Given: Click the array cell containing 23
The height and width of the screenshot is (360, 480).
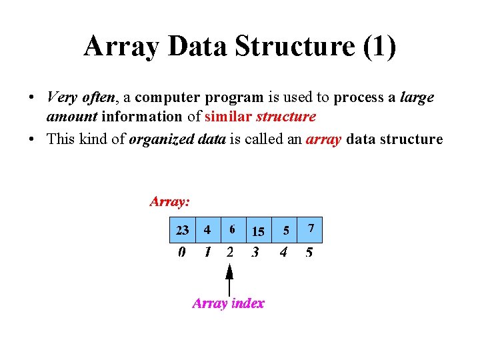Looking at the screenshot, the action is coord(182,230).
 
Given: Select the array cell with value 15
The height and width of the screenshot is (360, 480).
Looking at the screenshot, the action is coord(258,231).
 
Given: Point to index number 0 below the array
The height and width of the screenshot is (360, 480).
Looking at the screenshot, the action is coord(181,253).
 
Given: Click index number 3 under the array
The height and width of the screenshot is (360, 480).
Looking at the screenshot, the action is coord(255,253).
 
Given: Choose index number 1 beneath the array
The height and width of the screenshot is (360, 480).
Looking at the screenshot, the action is coord(207,253).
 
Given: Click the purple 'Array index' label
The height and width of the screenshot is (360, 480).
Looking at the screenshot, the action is coord(228,303).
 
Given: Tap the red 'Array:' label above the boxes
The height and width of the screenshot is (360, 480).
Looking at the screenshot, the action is coord(170,201).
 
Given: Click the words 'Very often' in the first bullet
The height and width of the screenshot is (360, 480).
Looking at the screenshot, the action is coord(81,97).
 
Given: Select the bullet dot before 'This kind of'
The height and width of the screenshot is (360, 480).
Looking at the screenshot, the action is coord(32,139).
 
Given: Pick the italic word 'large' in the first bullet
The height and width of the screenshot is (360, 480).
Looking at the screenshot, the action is coord(417,97).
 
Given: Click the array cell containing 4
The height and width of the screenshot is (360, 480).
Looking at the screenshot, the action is coord(208,230).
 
